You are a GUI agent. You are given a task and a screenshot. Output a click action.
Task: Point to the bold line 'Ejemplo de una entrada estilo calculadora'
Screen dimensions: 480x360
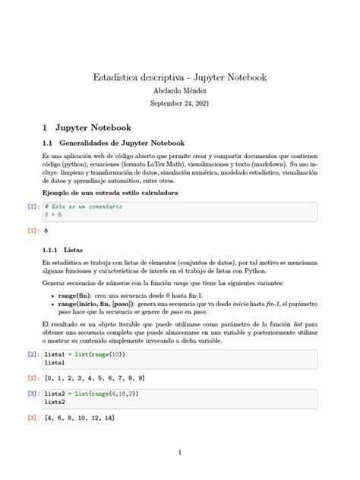[x=110, y=193]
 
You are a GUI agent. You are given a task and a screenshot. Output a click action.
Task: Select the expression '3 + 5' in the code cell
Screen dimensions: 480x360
[x=54, y=214]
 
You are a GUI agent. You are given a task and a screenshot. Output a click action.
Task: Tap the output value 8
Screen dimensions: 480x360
[x=46, y=229]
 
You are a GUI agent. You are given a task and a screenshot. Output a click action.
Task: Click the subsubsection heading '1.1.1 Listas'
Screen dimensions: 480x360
[x=58, y=249]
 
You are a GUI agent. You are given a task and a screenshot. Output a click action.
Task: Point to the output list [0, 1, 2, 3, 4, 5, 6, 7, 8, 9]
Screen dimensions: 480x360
[x=95, y=377]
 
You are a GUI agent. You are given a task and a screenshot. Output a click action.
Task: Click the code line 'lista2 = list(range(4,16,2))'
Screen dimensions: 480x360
[x=91, y=394]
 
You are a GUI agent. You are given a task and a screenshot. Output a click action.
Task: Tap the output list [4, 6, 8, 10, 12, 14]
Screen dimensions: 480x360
[x=80, y=418]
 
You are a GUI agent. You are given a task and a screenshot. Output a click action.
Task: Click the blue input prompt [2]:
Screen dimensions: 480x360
[x=33, y=355]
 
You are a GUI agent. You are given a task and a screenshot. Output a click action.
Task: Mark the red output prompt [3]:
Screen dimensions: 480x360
[x=33, y=418]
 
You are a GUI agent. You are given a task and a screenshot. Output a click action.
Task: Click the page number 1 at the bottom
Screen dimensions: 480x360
[x=179, y=453]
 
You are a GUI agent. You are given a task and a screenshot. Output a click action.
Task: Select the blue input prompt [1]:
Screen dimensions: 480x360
[x=33, y=206]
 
